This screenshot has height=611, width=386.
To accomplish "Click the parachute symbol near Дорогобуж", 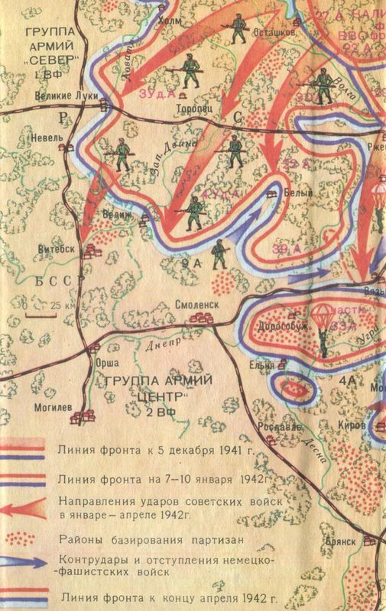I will pos(316,314).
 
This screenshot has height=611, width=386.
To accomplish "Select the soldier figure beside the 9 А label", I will pos(220,254).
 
